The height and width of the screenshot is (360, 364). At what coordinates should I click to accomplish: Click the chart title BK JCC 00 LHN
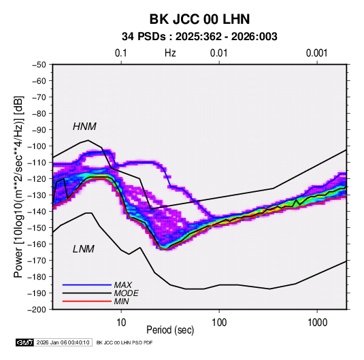click(x=199, y=19)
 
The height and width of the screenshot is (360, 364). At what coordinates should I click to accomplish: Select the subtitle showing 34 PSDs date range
click(x=199, y=37)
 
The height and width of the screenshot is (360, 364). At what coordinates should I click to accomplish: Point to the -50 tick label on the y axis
click(x=39, y=65)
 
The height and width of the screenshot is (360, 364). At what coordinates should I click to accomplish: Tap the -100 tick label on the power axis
click(x=37, y=146)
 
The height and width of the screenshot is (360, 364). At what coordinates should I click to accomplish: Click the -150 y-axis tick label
click(x=37, y=228)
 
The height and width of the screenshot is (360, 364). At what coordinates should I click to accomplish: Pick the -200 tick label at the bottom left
click(x=37, y=310)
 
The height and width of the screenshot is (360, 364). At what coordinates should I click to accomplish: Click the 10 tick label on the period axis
click(x=121, y=323)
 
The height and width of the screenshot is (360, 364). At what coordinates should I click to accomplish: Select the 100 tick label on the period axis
click(x=219, y=323)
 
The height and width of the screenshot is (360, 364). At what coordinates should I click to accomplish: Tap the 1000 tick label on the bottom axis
click(x=317, y=323)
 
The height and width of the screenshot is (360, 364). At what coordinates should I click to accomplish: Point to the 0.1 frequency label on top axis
click(x=121, y=53)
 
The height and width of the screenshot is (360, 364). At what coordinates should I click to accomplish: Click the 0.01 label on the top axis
click(x=218, y=53)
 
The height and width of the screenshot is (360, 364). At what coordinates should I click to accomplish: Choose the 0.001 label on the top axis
click(x=316, y=53)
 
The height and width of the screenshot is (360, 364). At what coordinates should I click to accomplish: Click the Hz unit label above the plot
click(x=170, y=53)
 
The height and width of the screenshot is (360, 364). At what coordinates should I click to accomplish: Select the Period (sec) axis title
click(x=170, y=330)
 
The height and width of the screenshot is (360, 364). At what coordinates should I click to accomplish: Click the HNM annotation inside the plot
click(x=84, y=127)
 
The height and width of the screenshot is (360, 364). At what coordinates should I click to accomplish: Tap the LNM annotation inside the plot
click(x=84, y=249)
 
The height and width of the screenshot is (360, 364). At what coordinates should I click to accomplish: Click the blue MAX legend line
click(x=87, y=285)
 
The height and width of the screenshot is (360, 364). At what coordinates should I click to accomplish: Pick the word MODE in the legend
click(x=127, y=293)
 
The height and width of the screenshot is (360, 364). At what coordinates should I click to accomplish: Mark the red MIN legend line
click(x=87, y=301)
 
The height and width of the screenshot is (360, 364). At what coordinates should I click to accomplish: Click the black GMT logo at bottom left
click(x=25, y=342)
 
